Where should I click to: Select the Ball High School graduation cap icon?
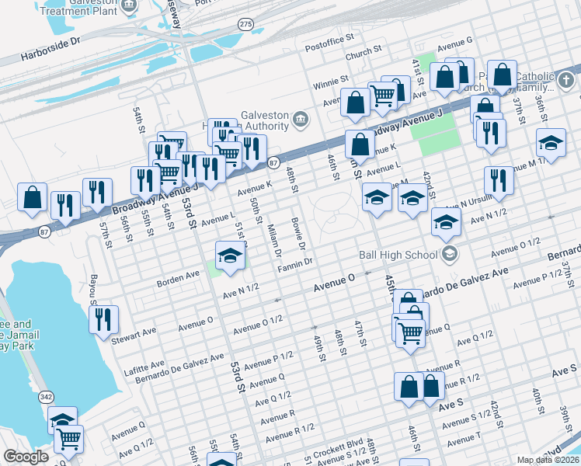[x=449, y=254]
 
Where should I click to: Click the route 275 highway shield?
[x=246, y=25]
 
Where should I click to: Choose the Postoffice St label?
[x=329, y=37]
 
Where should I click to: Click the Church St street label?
[x=364, y=54]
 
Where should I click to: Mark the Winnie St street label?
[x=331, y=80]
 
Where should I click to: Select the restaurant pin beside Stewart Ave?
[x=103, y=318]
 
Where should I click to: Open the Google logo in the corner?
[x=26, y=457]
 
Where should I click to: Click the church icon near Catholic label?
[x=566, y=79]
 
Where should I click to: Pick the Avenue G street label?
[x=455, y=40]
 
